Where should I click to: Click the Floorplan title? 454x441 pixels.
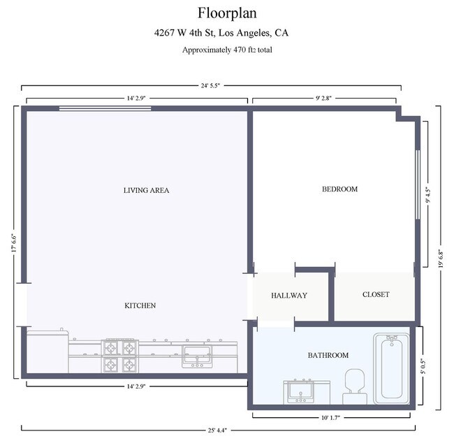[227, 13]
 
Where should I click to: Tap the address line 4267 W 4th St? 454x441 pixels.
[221, 32]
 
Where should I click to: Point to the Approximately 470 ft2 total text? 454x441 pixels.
[227, 50]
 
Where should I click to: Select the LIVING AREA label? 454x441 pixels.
[146, 190]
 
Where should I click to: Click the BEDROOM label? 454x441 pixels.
[339, 189]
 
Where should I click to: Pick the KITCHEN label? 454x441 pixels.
[140, 305]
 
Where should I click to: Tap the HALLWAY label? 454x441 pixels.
[289, 296]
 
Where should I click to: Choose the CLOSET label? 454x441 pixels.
[376, 294]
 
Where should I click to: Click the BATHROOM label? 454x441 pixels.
[328, 355]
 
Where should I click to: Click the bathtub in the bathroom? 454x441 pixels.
[391, 368]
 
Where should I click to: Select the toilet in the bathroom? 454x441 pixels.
[355, 386]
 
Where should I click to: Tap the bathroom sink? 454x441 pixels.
[300, 392]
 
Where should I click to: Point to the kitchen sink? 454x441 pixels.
[197, 356]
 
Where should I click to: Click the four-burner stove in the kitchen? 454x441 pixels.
[120, 356]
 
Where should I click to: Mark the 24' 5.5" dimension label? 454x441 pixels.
[210, 85]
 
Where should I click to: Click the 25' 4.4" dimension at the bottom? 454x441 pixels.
[217, 431]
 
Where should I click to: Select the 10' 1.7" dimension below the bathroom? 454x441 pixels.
[330, 417]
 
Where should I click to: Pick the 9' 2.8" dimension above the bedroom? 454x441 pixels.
[323, 99]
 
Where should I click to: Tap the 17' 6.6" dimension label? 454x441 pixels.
[14, 243]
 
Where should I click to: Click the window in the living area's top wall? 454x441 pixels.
[105, 108]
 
